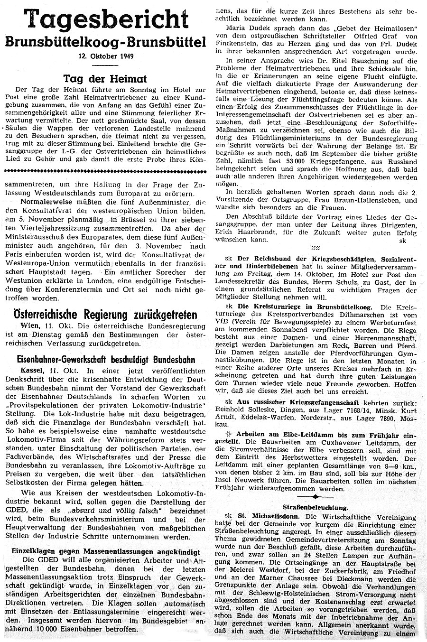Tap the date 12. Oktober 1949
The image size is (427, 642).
click(107, 56)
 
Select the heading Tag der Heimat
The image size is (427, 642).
click(105, 79)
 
